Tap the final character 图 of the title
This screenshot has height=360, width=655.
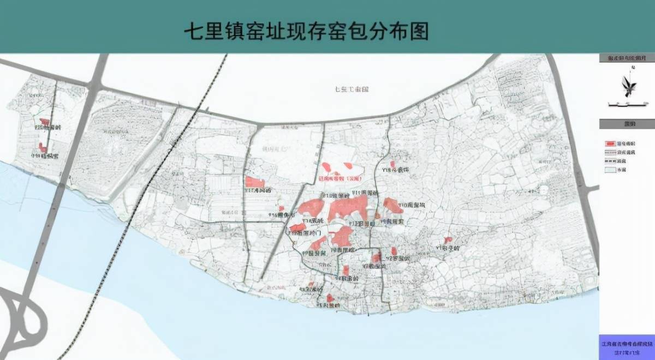pos(418,31)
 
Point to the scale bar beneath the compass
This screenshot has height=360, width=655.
pos(626,104)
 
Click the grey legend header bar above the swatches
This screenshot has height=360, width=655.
pos(626,124)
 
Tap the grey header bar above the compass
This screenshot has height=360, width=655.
pos(626,58)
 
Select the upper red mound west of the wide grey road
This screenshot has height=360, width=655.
pos(45,123)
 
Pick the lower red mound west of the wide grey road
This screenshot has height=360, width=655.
pos(42,147)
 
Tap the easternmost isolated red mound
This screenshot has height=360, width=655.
pos(448,240)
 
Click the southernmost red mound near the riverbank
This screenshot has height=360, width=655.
pos(330,298)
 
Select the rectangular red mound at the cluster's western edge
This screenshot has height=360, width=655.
pos(254,182)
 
